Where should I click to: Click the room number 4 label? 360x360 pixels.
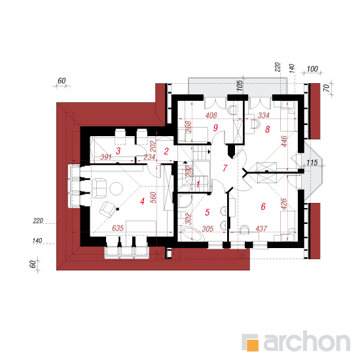(x=142, y=202)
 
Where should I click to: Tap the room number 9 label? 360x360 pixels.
(x=215, y=128)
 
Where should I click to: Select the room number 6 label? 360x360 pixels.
(x=263, y=207)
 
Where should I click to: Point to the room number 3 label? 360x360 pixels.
(x=118, y=151)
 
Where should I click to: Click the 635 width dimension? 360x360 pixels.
(x=118, y=228)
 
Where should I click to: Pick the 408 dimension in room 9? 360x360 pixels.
(x=211, y=115)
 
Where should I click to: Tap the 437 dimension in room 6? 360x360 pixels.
(x=261, y=228)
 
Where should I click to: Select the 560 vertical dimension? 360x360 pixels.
(x=154, y=198)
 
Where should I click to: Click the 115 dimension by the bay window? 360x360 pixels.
(x=312, y=162)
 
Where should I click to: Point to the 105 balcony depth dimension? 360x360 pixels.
(x=239, y=86)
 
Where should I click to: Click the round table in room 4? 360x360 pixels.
(x=116, y=189)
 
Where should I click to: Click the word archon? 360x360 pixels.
(x=307, y=341)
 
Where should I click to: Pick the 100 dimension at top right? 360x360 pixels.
(x=312, y=69)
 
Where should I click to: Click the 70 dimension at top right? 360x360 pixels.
(x=327, y=88)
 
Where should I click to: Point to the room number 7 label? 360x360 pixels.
(x=225, y=168)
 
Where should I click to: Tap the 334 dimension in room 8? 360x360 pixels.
(x=263, y=115)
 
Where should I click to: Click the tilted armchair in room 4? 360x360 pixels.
(x=107, y=209)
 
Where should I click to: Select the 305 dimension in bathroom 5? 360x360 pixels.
(x=207, y=228)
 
